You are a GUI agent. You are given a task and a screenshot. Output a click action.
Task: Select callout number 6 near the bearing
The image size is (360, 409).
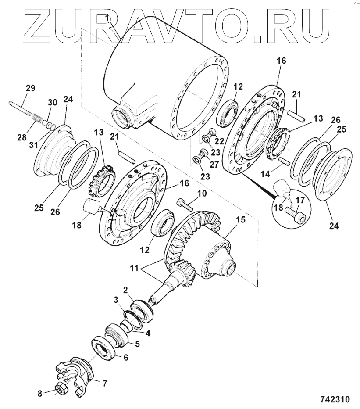(x=125, y=358)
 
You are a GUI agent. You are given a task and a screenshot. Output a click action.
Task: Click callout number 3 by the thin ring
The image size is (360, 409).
(x=116, y=300)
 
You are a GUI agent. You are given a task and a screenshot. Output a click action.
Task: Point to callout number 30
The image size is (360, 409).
(x=52, y=102)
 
